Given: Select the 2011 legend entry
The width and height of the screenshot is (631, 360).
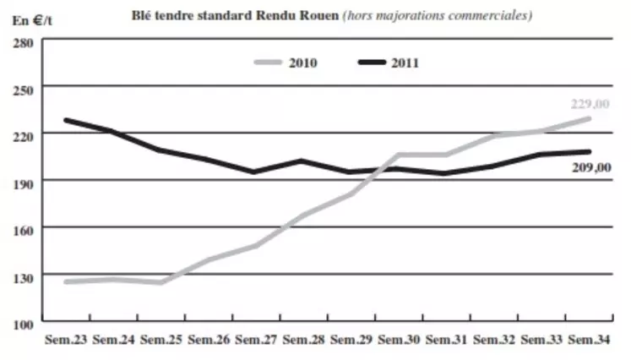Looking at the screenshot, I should (406, 63).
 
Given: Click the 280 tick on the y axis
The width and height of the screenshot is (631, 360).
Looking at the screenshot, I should (24, 41).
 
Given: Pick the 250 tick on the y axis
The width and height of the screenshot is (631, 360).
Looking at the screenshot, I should (24, 87).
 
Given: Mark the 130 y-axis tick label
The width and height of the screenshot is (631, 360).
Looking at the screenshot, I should (24, 276).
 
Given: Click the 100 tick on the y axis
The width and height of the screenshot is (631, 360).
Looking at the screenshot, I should (24, 324).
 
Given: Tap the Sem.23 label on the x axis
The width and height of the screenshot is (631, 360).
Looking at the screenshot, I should (66, 341).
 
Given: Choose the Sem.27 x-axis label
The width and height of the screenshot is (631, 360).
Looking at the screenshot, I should (257, 341).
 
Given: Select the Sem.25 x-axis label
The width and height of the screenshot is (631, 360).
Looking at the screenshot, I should (161, 341).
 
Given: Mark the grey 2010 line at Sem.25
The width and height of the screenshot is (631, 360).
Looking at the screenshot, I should (161, 282).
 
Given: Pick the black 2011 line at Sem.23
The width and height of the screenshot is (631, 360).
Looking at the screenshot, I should (66, 120).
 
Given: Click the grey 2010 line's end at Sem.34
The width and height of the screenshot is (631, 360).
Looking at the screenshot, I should (589, 118).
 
